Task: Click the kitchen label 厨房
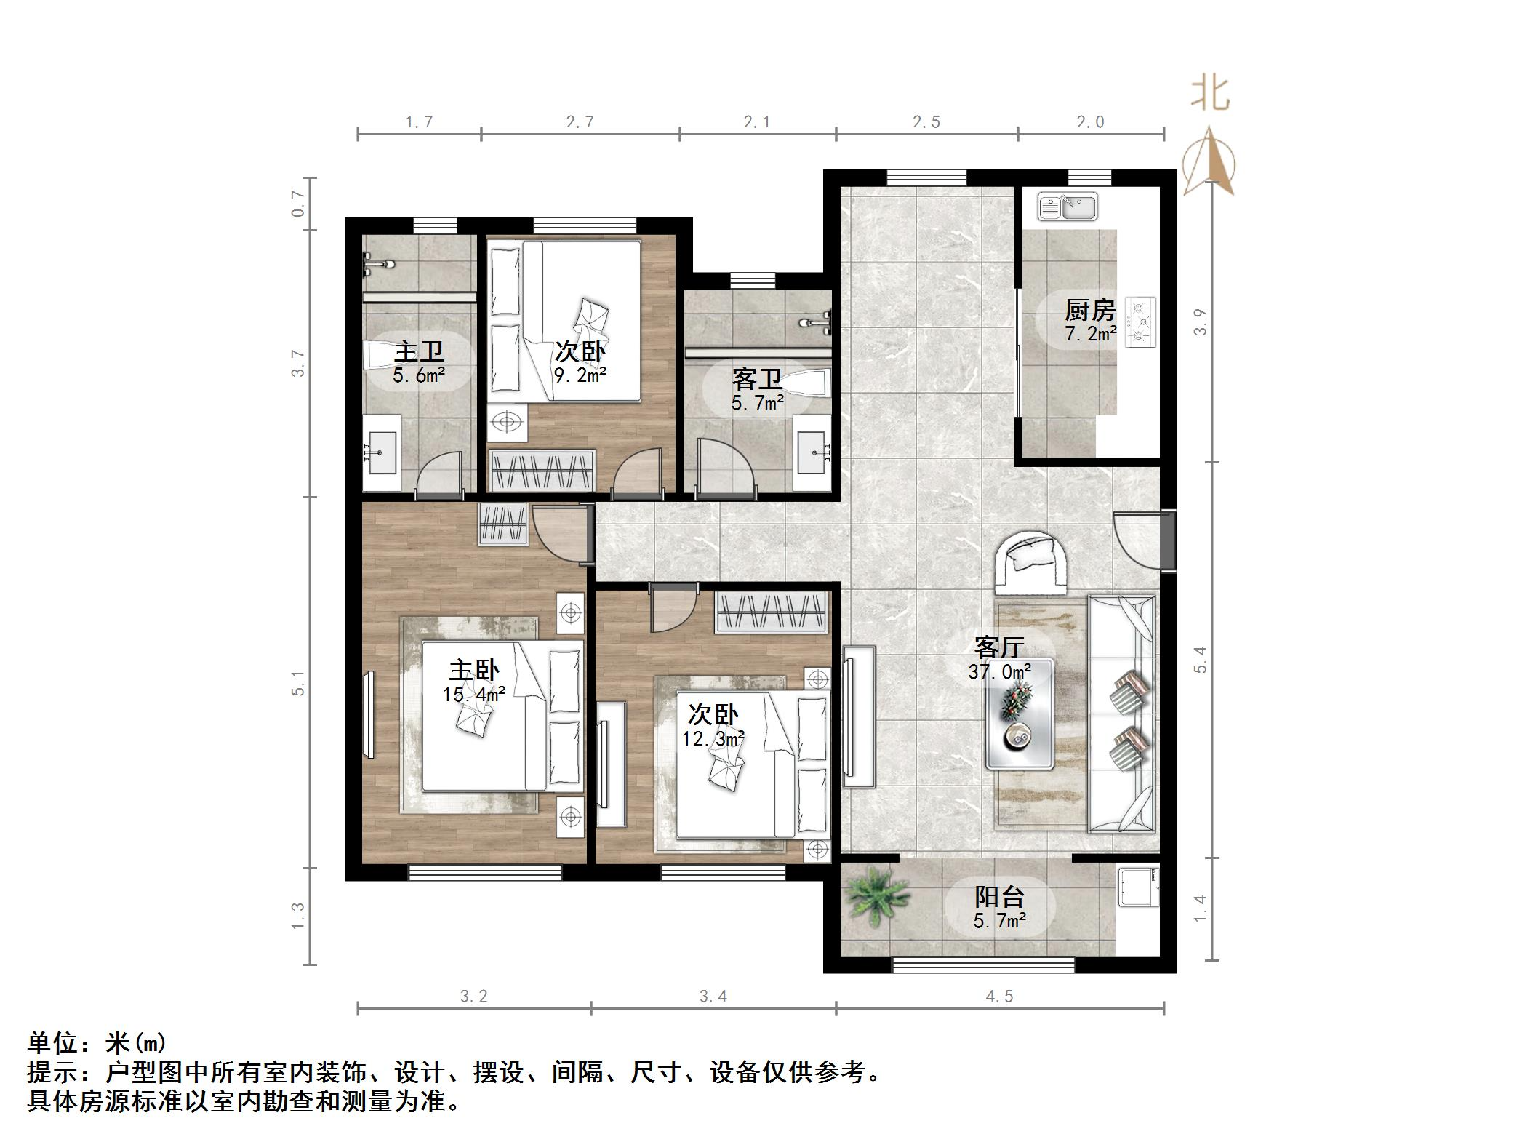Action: tap(1089, 311)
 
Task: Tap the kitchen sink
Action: tap(1068, 207)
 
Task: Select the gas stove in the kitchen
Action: tap(1140, 322)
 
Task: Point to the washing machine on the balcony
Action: tap(1138, 887)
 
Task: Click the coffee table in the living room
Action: tap(1019, 714)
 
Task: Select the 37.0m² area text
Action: tap(999, 672)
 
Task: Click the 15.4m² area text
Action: tap(474, 695)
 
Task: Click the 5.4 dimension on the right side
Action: tap(1201, 659)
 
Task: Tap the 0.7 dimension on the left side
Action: tap(297, 203)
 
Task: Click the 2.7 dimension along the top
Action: tap(580, 122)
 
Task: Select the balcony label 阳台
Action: tap(999, 897)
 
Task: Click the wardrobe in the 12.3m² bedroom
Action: tap(772, 612)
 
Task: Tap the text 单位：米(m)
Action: tap(97, 1043)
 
